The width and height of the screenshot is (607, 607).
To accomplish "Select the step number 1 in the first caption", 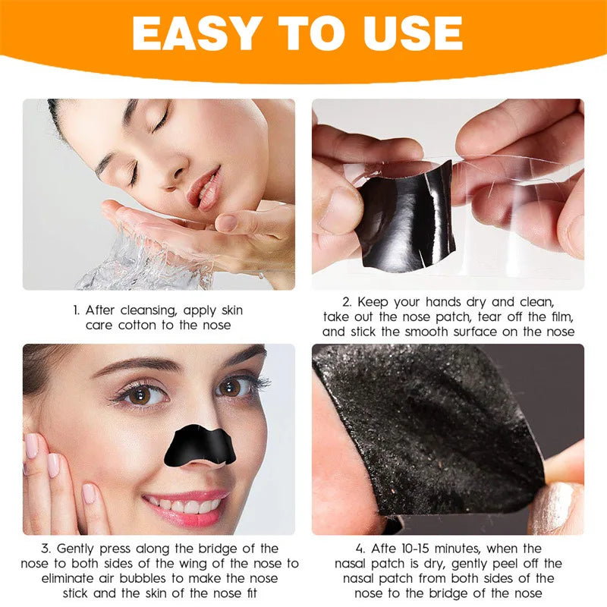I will coord(77,310).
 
